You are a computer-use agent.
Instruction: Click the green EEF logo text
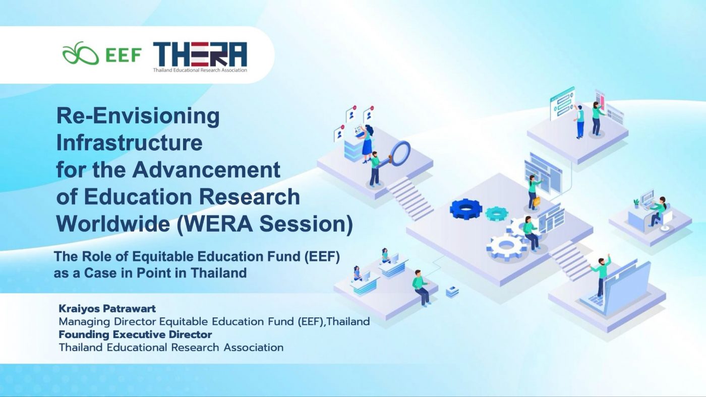click(123, 55)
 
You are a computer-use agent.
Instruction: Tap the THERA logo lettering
click(200, 54)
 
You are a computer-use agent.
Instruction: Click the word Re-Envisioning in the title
click(138, 116)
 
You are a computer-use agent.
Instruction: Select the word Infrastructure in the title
click(129, 143)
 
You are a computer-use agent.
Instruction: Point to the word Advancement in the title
click(206, 170)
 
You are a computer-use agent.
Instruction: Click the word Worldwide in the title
click(113, 224)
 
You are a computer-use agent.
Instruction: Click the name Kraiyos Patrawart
click(107, 308)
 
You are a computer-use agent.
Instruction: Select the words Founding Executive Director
click(135, 335)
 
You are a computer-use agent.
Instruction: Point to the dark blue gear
click(466, 209)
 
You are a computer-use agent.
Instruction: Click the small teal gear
click(496, 214)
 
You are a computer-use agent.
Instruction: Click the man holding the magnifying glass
click(375, 169)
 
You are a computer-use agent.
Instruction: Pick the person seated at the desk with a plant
click(659, 211)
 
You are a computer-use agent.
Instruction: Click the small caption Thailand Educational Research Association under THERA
click(200, 70)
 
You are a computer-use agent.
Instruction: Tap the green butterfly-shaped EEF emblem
click(80, 53)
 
